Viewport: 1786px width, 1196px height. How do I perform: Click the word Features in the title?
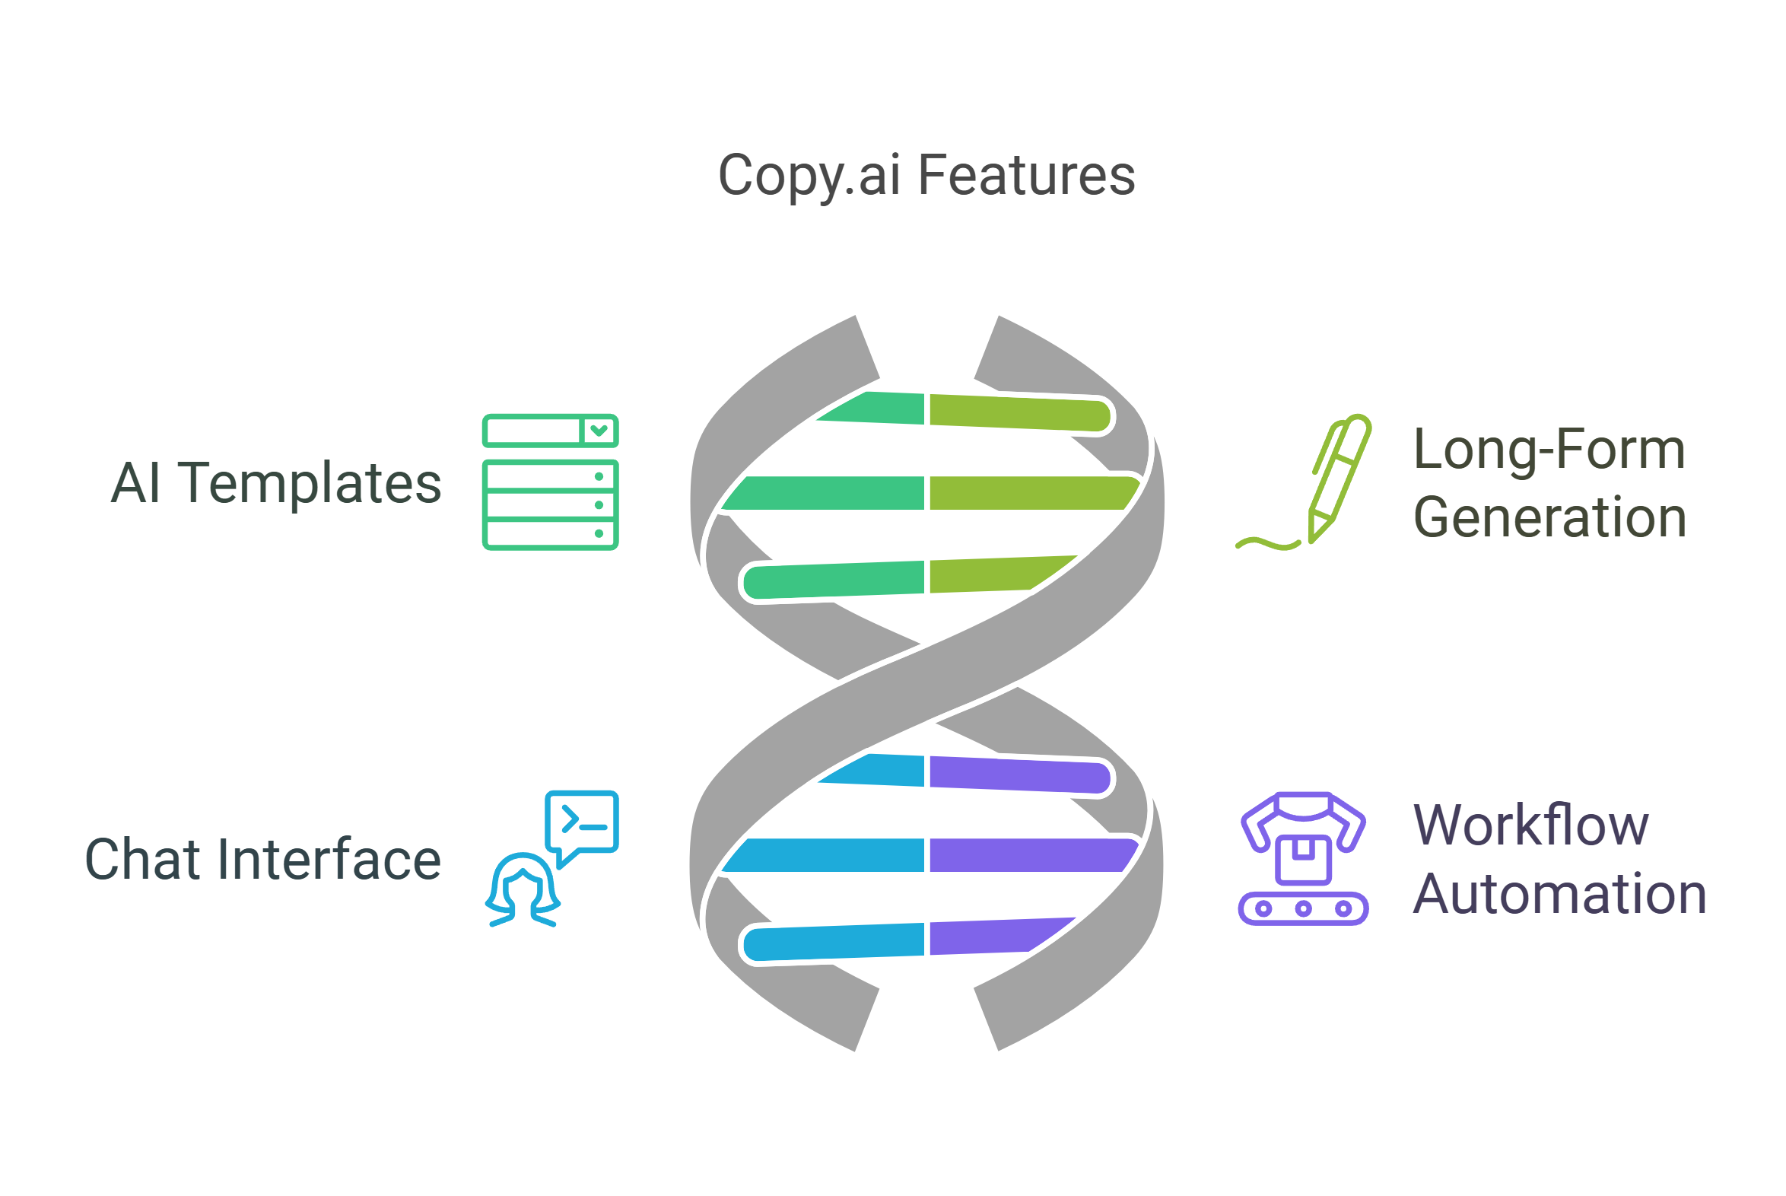(1026, 177)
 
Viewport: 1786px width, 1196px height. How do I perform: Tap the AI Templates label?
(276, 483)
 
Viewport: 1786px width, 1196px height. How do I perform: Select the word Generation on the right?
(1549, 518)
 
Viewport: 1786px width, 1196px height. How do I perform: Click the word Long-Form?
(1549, 450)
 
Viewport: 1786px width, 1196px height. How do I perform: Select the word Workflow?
(1530, 825)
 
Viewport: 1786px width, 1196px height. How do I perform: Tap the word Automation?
(1559, 894)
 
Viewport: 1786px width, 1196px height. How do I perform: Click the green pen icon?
(1340, 477)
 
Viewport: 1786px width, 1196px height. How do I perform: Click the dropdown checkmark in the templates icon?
(599, 431)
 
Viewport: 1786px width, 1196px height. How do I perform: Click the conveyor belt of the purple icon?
(1303, 908)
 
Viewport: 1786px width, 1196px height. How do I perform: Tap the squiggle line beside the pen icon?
(1267, 543)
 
